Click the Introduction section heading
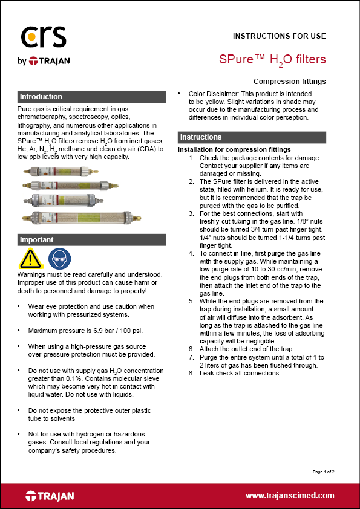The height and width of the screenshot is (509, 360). [41, 97]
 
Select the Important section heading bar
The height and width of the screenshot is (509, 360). [91, 240]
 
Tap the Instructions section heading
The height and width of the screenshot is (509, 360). [201, 137]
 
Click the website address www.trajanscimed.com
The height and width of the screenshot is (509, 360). [290, 495]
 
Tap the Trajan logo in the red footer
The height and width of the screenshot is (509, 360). [50, 496]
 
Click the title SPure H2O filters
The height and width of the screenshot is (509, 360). [272, 59]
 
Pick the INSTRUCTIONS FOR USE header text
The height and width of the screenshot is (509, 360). [279, 36]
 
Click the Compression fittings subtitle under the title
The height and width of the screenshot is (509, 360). [290, 81]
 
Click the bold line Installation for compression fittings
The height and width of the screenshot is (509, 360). [234, 149]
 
